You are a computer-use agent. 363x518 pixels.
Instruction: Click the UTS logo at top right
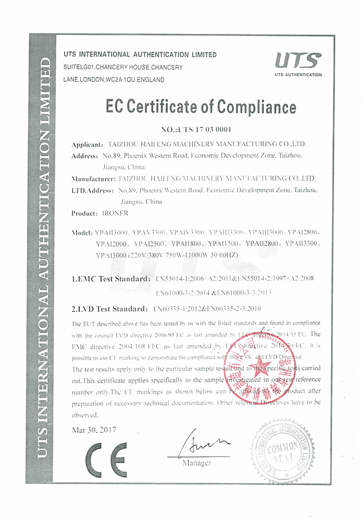click(298, 60)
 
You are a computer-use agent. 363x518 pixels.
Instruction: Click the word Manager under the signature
click(197, 463)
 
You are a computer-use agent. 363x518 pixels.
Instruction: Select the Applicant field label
click(87, 144)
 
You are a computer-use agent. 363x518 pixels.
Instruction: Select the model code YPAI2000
click(112, 244)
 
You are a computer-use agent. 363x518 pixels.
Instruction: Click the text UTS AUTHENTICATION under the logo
click(298, 75)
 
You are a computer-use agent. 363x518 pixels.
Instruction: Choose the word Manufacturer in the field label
click(93, 178)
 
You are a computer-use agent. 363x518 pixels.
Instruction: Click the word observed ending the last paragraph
click(85, 415)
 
